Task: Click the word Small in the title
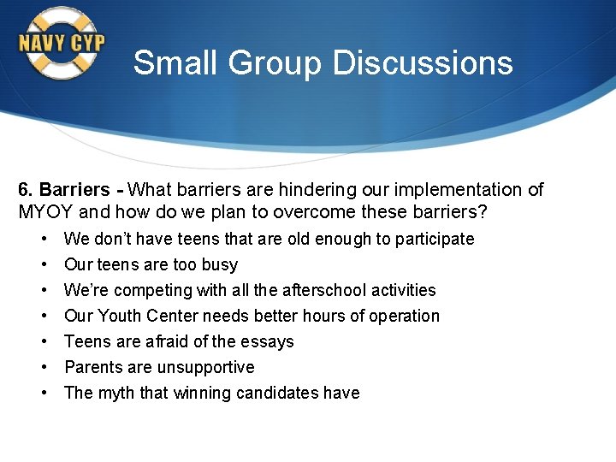168,62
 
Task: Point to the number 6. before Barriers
26,190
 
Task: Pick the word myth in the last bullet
116,393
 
